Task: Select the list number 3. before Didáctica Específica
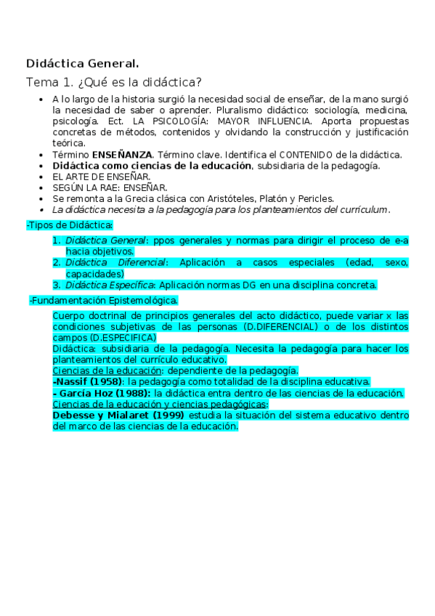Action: click(x=56, y=285)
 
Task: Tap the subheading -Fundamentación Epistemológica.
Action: click(x=103, y=300)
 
